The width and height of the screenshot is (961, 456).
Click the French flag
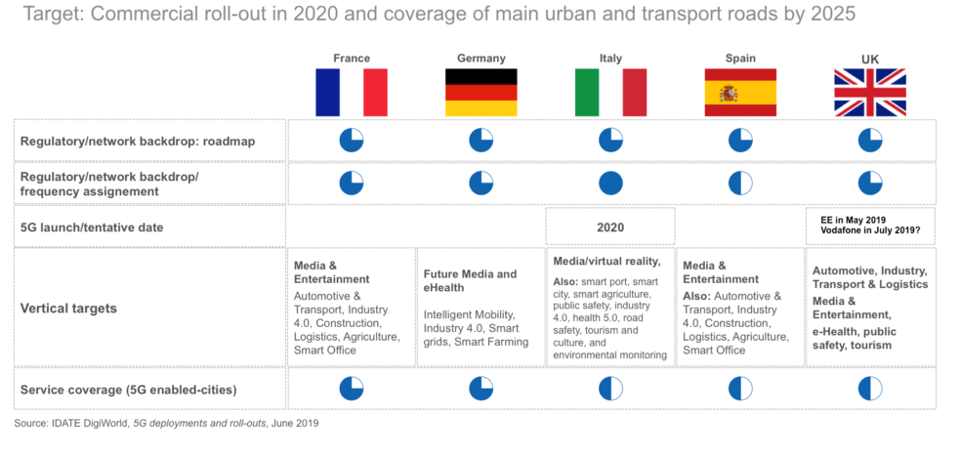(352, 93)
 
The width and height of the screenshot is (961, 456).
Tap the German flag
(480, 93)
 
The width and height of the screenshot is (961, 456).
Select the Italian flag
(610, 93)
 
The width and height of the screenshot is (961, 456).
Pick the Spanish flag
(740, 93)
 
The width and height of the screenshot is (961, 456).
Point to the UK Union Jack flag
(870, 93)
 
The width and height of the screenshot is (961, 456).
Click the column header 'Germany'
(480, 59)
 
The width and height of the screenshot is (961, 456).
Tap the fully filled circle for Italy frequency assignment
(610, 183)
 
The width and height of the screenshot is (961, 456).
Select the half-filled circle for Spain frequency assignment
(740, 183)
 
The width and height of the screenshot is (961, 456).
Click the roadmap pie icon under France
(352, 141)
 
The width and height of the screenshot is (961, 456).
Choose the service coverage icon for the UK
(870, 389)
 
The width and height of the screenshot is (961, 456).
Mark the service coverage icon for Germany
(480, 389)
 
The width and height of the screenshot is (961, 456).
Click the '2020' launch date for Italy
(610, 228)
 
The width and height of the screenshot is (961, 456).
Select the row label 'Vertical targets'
(68, 308)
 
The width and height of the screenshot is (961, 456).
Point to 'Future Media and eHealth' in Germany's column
(472, 281)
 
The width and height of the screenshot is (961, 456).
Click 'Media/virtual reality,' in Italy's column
(607, 261)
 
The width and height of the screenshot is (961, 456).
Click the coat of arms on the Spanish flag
(729, 93)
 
